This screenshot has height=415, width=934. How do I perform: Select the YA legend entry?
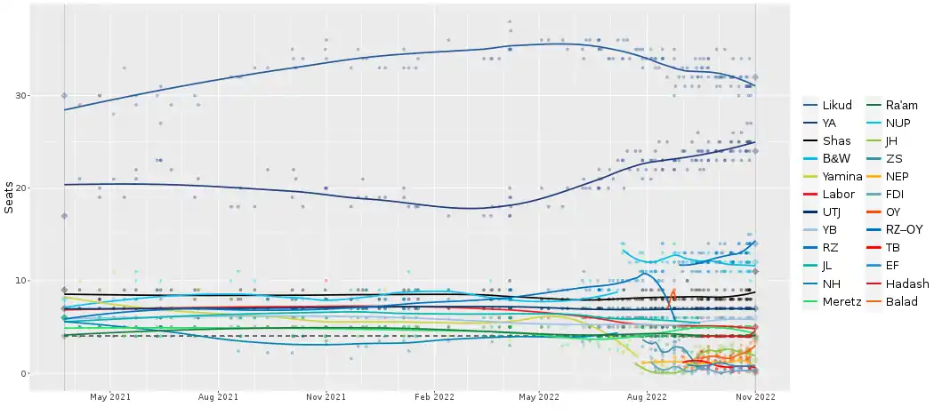[829, 123]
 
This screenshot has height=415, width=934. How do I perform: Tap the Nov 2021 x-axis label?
[328, 396]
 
